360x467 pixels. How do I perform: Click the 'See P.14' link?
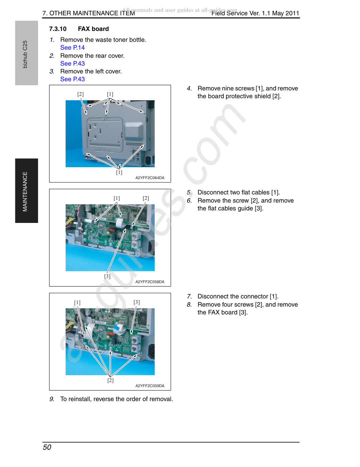(72, 48)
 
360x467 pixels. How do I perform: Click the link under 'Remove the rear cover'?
(72, 64)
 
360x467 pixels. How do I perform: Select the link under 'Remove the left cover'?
(72, 79)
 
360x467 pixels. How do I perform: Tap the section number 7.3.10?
(58, 29)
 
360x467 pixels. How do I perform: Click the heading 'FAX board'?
(93, 29)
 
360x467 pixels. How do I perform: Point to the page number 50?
(47, 447)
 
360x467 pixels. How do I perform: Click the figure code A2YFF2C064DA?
(150, 178)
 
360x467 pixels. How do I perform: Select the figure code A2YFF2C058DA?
(150, 282)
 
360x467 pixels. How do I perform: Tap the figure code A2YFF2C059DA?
(150, 386)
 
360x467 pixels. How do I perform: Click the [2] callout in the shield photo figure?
(80, 94)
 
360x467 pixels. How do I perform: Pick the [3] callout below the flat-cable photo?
(107, 276)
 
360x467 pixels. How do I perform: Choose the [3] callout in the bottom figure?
(136, 302)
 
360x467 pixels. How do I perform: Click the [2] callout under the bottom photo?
(110, 380)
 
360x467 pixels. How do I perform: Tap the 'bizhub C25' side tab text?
(25, 54)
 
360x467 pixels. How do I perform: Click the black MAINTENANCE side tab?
(27, 191)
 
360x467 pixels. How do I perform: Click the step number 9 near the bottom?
(52, 399)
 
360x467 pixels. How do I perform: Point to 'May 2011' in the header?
(286, 13)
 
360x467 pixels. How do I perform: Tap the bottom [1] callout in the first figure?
(119, 172)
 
